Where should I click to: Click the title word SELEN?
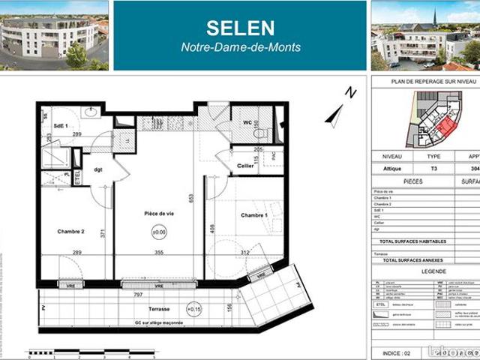tap(241, 28)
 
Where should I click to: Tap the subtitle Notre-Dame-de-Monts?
tap(241, 47)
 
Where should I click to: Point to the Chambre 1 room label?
tap(256, 215)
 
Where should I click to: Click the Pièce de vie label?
tap(159, 214)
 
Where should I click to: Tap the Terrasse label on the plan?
tap(157, 309)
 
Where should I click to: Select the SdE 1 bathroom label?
tap(61, 125)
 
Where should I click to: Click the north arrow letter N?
tap(350, 93)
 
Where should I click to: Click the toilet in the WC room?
tap(260, 132)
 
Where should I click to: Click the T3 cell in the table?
tap(433, 169)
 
